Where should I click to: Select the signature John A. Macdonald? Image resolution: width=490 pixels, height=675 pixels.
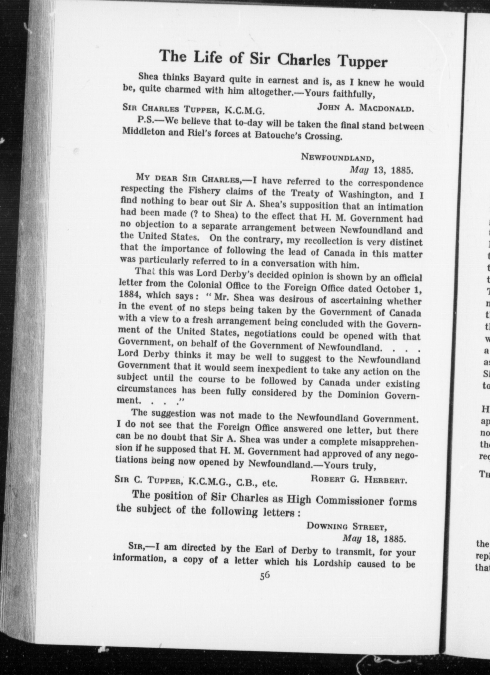[365, 108]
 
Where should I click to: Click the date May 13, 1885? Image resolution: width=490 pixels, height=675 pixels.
[381, 170]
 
